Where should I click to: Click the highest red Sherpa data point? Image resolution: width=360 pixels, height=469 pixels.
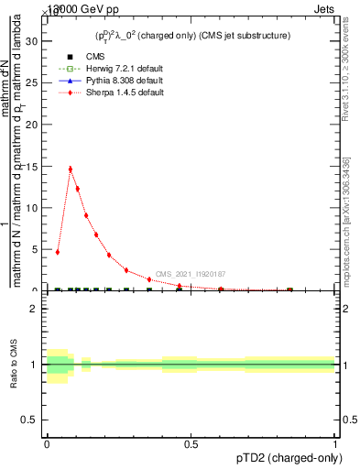point(70,169)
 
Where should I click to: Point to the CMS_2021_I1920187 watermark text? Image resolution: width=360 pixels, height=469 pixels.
point(190,274)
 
